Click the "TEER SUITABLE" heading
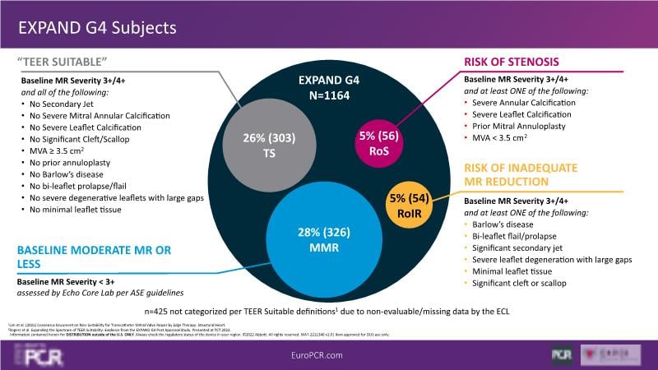pos(63,63)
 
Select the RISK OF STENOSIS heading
pos(512,62)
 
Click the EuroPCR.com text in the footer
pos(328,354)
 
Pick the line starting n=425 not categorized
pos(329,312)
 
